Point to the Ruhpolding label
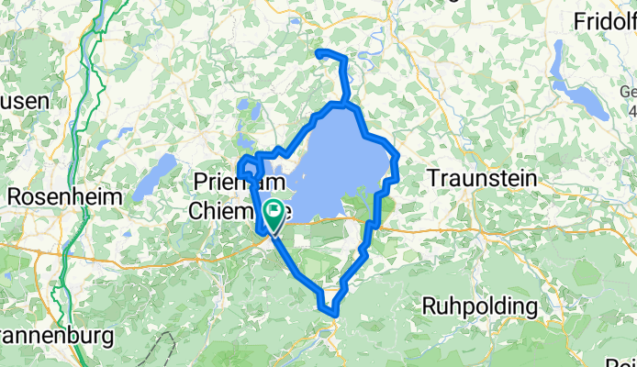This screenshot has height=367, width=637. click(x=479, y=305)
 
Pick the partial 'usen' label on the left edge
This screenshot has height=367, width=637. click(x=23, y=101)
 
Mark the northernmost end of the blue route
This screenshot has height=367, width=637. click(x=319, y=53)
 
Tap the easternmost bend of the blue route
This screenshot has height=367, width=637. click(x=397, y=165)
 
